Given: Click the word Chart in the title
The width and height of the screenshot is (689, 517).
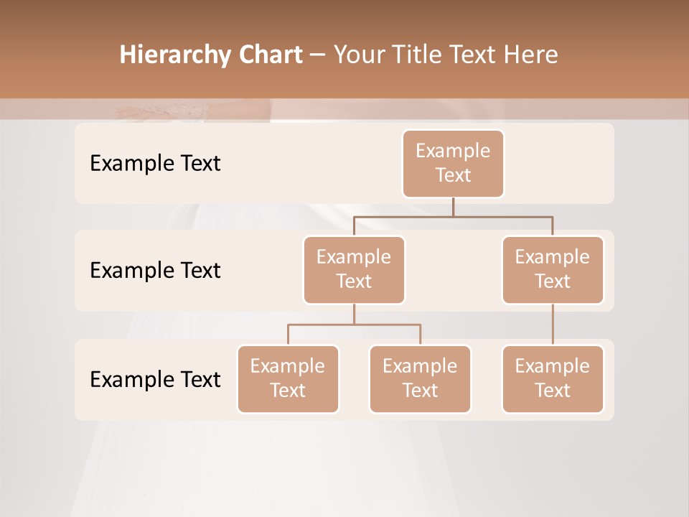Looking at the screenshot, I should click(x=271, y=55).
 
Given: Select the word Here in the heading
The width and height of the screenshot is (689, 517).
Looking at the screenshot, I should click(x=530, y=55).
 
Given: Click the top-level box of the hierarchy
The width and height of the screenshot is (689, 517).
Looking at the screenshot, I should click(x=453, y=163).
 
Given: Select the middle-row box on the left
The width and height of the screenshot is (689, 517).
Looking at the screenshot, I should click(x=354, y=269).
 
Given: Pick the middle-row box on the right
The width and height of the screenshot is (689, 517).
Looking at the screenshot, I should click(x=553, y=269).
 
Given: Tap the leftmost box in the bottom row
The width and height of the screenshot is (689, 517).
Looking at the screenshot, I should click(x=288, y=378).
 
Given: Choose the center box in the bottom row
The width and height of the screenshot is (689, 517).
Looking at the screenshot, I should click(x=420, y=378).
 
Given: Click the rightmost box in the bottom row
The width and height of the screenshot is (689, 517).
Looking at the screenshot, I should click(x=553, y=378).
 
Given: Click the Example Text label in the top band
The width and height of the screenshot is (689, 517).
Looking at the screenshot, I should click(x=155, y=163).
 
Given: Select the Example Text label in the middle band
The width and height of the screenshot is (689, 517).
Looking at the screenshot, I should click(x=155, y=270).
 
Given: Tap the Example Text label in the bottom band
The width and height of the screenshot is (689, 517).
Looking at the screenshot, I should click(x=155, y=379).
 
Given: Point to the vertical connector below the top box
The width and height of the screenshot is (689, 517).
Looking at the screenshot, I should click(x=453, y=207).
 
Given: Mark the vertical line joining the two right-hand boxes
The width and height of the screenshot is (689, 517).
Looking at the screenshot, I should click(x=553, y=325).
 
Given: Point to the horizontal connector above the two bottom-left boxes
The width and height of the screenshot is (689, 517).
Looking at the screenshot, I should click(x=354, y=325).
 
